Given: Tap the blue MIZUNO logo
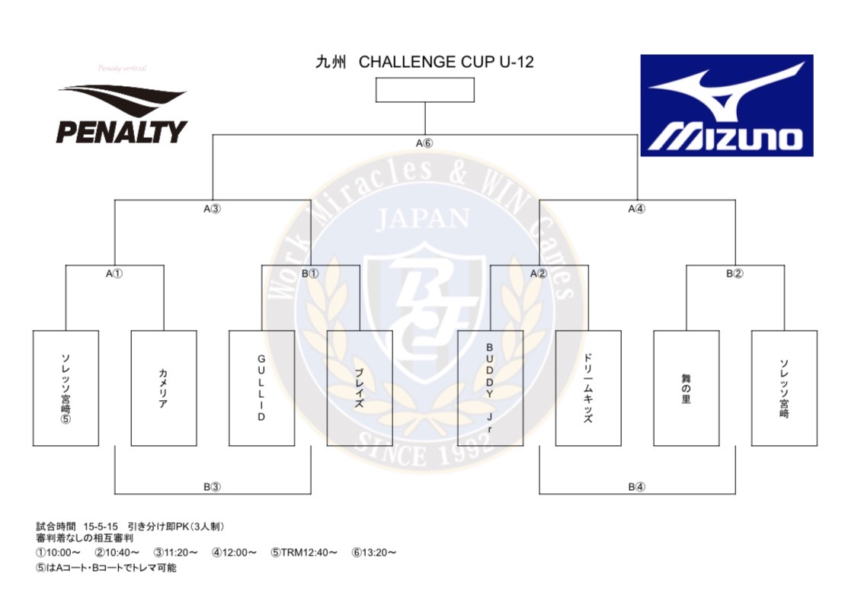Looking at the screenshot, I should pyautogui.click(x=726, y=105).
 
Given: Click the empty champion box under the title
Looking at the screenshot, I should pyautogui.click(x=425, y=90).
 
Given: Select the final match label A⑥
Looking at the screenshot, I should pyautogui.click(x=424, y=143).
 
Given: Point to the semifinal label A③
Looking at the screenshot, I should pyautogui.click(x=213, y=208).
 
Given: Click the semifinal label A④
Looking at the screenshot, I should pyautogui.click(x=637, y=208).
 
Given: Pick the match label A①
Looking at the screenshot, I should pyautogui.click(x=114, y=273).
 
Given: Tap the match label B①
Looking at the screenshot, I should pyautogui.click(x=310, y=273).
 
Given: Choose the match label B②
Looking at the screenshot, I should pyautogui.click(x=735, y=273).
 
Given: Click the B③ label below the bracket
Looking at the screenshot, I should pyautogui.click(x=212, y=486).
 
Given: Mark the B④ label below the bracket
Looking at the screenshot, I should pyautogui.click(x=637, y=486).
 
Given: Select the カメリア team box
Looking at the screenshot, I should pyautogui.click(x=164, y=388).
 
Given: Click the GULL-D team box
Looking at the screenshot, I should pyautogui.click(x=261, y=388).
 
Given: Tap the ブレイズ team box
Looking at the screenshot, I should pyautogui.click(x=360, y=388).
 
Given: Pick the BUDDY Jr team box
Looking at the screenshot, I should pyautogui.click(x=490, y=388).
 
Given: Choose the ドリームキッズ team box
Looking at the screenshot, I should pyautogui.click(x=587, y=388).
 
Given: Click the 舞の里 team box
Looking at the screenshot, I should pyautogui.click(x=686, y=388).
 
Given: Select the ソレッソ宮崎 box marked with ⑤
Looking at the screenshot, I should pyautogui.click(x=66, y=388).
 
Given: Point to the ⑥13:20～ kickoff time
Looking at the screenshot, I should pyautogui.click(x=374, y=553).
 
